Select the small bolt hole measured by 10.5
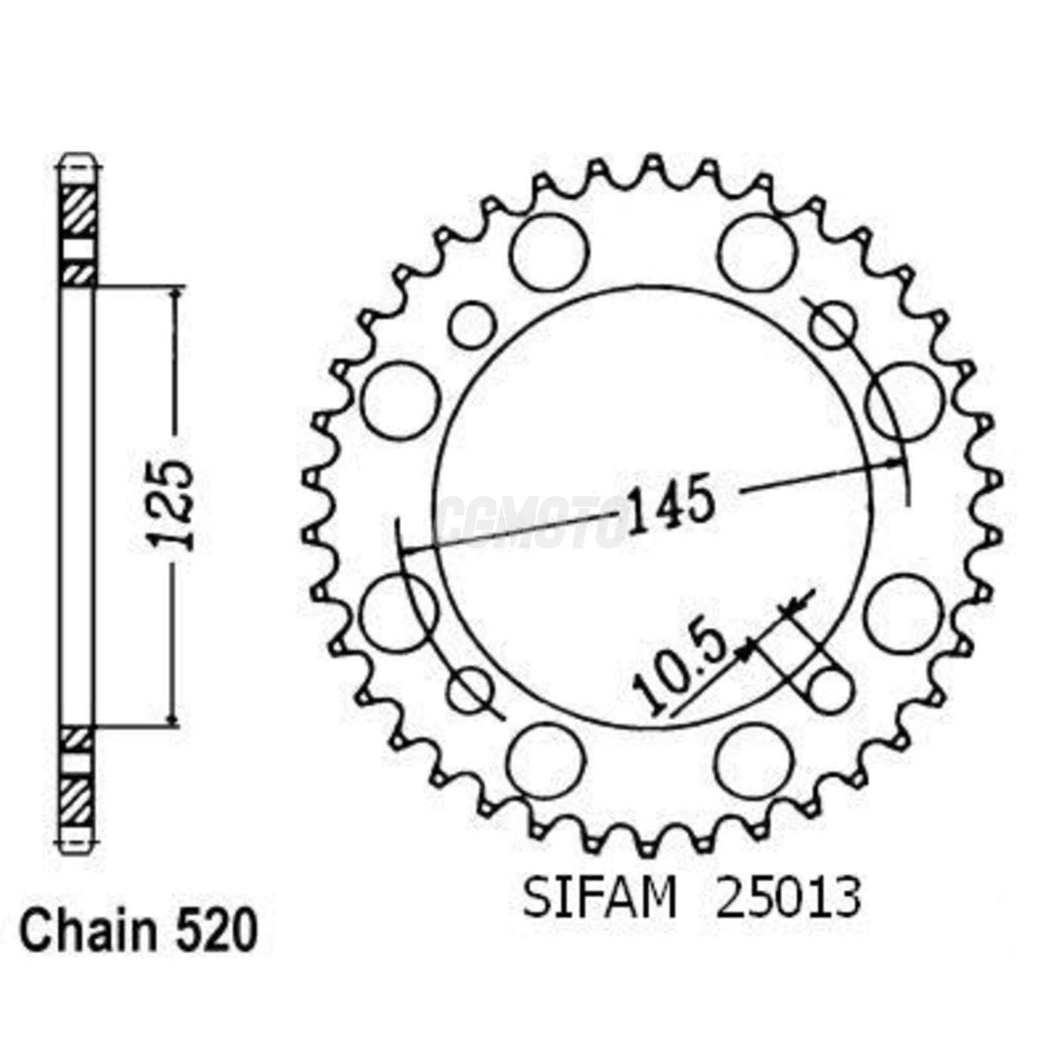click(830, 691)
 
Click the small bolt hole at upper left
click(472, 326)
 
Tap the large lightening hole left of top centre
click(548, 252)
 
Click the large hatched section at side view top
click(79, 211)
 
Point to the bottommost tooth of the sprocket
click(649, 849)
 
